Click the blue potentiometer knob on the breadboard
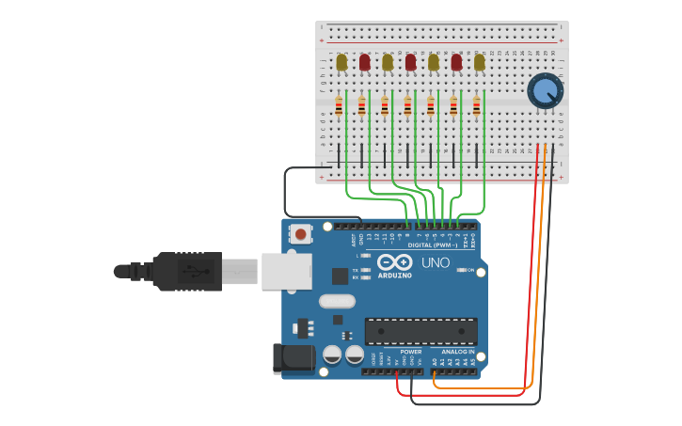click(545, 91)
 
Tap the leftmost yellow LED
click(341, 63)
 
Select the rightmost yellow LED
click(480, 63)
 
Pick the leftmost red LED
click(365, 63)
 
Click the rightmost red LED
click(456, 63)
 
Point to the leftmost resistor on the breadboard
click(339, 106)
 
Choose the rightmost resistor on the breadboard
click(477, 106)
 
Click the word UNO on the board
click(435, 262)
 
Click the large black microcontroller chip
click(420, 331)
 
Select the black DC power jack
click(292, 359)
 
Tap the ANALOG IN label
click(458, 352)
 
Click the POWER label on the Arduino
click(411, 352)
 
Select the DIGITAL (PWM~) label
click(434, 245)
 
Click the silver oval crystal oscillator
click(337, 302)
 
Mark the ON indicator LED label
click(469, 270)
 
